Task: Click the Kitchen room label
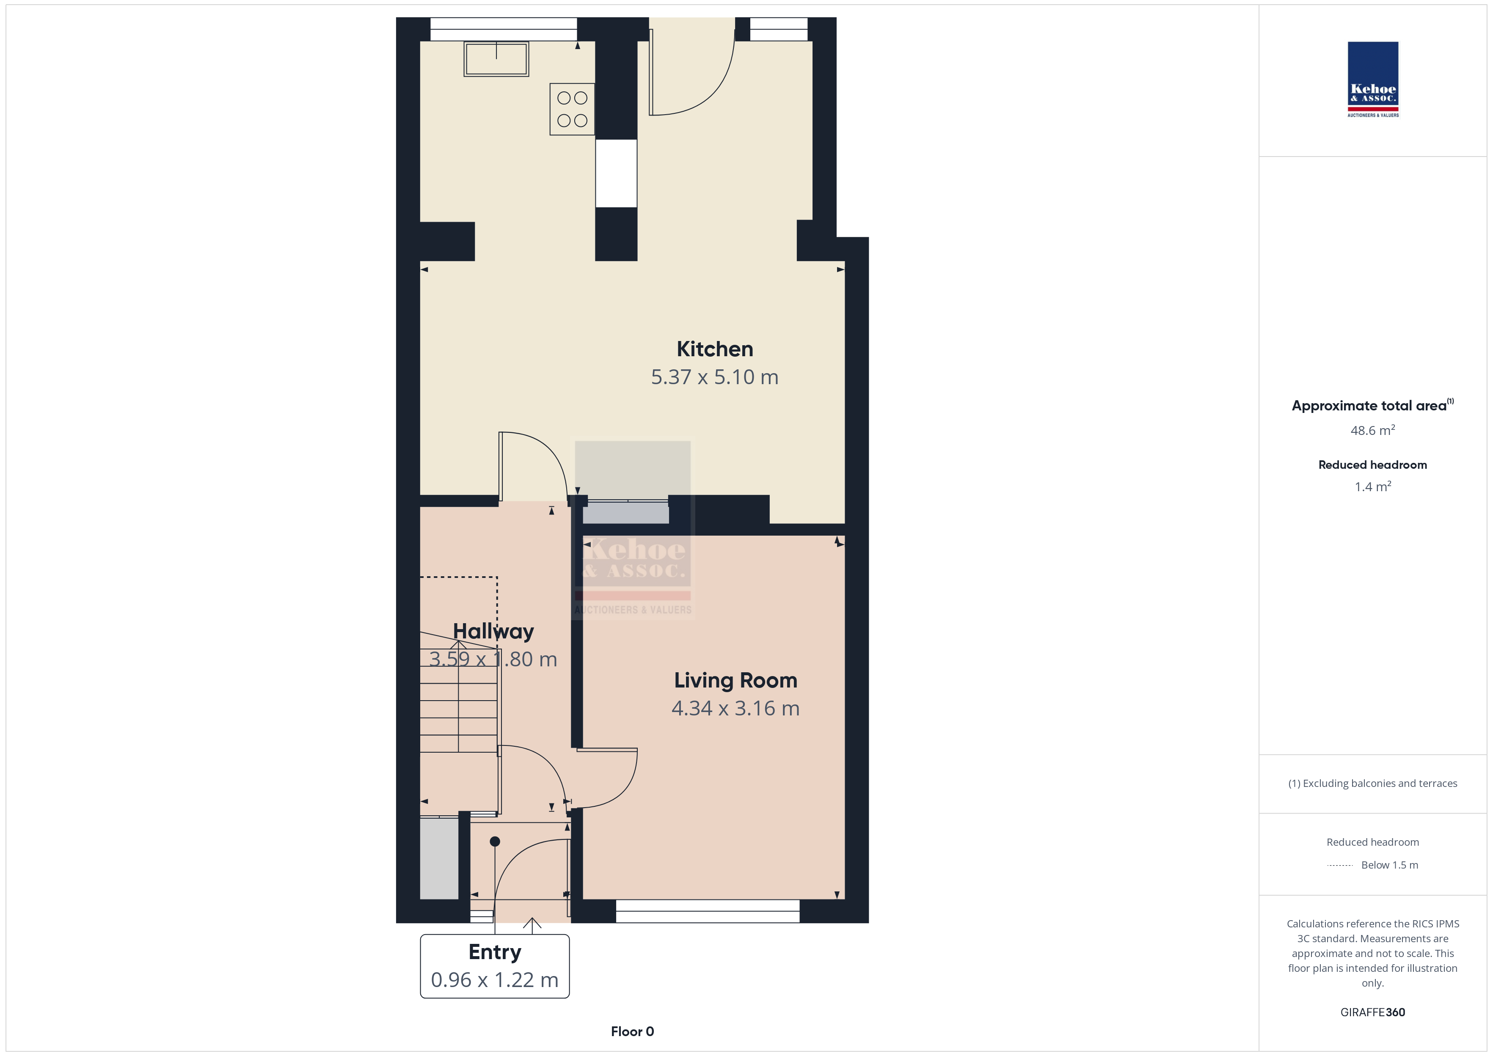coord(715,349)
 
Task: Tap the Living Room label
coord(735,680)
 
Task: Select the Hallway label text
coord(493,631)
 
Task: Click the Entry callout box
coord(495,966)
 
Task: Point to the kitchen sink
coord(496,59)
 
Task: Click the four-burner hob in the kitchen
coord(572,109)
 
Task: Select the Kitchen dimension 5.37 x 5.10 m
coord(715,377)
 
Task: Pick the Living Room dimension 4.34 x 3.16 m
coord(735,708)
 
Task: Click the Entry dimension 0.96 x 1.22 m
coord(495,980)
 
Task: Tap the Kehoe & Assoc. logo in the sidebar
coord(1373,80)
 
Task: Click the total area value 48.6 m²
coord(1373,430)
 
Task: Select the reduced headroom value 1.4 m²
coord(1373,487)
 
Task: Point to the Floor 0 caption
coord(632,1031)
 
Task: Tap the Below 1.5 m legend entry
coord(1390,865)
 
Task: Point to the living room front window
coord(708,911)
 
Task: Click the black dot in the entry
coord(495,841)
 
